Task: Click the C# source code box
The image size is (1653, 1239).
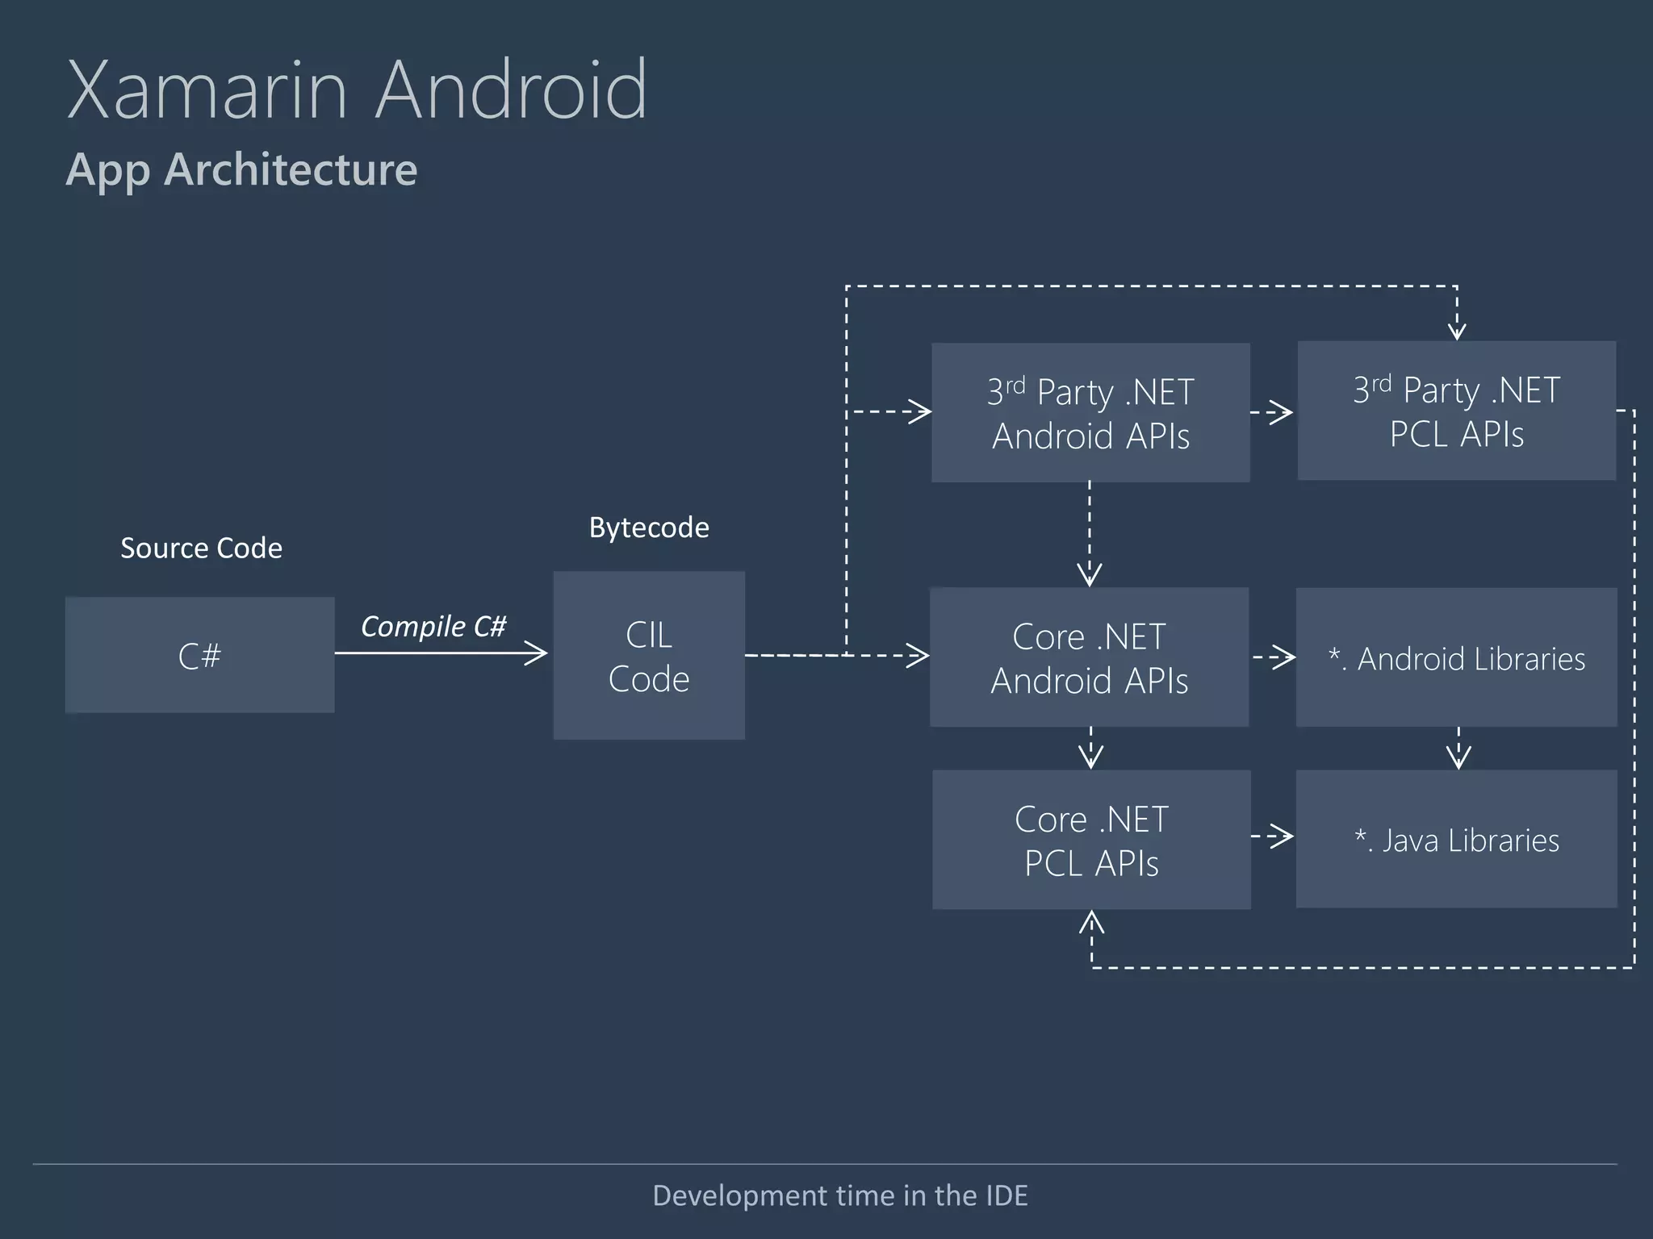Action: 199,655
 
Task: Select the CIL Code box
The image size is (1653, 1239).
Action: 649,656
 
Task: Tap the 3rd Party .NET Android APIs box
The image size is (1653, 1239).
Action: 1090,413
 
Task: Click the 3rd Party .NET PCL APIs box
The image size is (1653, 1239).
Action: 1456,411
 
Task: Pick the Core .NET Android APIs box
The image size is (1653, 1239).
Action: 1090,657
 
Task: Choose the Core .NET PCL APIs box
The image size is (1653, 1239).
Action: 1091,840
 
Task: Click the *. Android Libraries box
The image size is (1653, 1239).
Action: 1456,658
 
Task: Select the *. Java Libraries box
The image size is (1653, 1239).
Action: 1456,840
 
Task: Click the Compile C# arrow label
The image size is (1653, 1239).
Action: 433,626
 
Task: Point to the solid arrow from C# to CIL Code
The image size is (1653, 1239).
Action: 441,653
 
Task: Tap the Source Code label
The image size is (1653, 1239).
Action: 201,549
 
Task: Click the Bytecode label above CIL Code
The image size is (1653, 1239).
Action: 649,528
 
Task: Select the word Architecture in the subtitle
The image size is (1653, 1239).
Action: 291,169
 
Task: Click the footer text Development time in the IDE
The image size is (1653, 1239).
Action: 839,1195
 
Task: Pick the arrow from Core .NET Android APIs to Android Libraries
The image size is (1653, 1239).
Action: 1274,657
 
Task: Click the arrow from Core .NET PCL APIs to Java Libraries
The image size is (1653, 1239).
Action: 1273,836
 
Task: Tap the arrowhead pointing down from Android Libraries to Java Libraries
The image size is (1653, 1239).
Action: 1458,757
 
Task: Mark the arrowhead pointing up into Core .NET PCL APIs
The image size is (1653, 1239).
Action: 1091,923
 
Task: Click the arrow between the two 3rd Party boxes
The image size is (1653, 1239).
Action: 1272,412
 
